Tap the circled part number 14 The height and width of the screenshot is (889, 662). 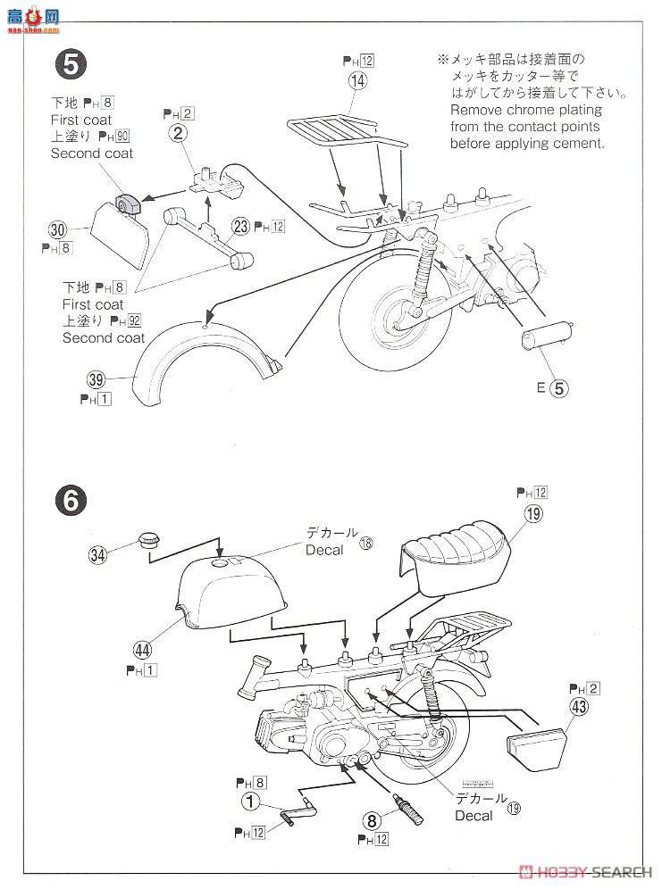(x=357, y=80)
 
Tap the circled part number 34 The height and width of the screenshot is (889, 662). (x=99, y=554)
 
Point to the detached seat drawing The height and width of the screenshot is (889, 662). (x=457, y=559)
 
